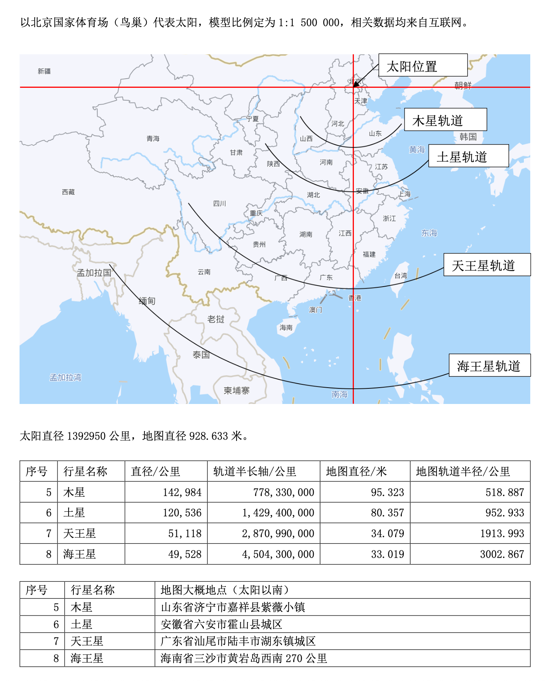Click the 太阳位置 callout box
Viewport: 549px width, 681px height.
423,65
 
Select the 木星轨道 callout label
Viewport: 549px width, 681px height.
445,120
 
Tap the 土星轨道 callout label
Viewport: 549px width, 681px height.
468,156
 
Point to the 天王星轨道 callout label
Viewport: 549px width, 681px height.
487,265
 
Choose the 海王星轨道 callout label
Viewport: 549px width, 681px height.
490,365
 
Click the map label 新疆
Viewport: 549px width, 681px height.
44,71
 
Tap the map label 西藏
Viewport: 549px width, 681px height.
68,192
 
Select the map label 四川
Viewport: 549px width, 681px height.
219,204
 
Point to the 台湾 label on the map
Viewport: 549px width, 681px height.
401,275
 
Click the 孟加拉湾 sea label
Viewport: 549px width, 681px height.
65,377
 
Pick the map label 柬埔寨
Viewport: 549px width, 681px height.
237,390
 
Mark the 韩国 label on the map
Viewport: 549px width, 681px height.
468,137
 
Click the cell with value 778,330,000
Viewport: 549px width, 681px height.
284,492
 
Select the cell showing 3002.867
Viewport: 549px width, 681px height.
502,554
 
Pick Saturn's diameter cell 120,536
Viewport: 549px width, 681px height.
182,513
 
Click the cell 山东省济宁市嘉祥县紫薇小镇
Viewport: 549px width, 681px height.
233,607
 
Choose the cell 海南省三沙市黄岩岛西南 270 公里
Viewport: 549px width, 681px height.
244,658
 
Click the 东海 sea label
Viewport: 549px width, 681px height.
429,233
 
